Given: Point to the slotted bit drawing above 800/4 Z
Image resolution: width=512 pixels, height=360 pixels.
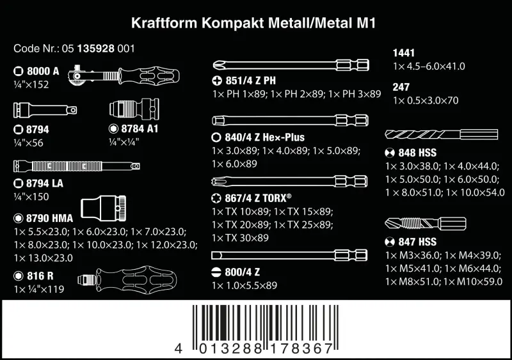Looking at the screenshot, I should pos(292,254).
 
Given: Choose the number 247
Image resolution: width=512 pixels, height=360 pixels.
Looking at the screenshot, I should pos(401,87).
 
